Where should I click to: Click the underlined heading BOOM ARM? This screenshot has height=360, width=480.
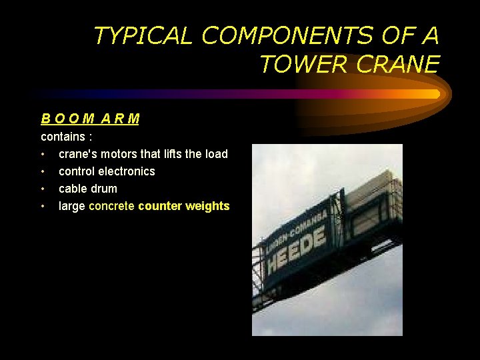pyautogui.click(x=90, y=119)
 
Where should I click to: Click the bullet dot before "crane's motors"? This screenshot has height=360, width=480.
pyautogui.click(x=43, y=154)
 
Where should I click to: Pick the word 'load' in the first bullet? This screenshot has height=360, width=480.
pyautogui.click(x=215, y=154)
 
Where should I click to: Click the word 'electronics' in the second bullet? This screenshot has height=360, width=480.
pyautogui.click(x=127, y=171)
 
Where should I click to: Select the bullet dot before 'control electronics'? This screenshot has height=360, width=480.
pyautogui.click(x=43, y=171)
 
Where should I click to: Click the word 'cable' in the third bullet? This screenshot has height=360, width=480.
pyautogui.click(x=73, y=189)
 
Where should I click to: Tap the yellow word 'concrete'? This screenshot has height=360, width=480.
pyautogui.click(x=111, y=206)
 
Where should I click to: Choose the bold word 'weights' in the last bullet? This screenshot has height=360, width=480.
pyautogui.click(x=207, y=206)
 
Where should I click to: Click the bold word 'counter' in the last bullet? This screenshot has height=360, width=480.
pyautogui.click(x=159, y=206)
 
